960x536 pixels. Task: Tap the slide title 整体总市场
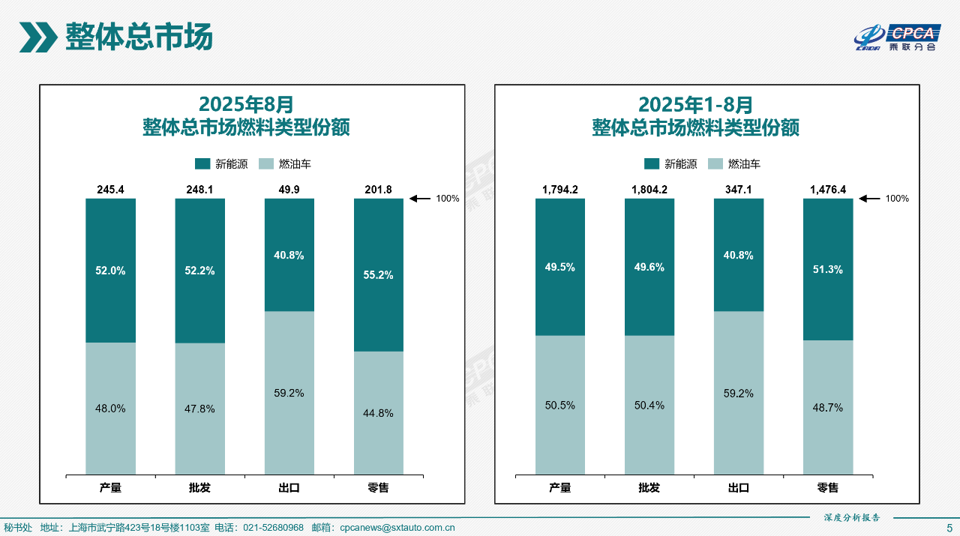pyautogui.click(x=139, y=37)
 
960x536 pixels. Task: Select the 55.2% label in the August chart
pyautogui.click(x=378, y=275)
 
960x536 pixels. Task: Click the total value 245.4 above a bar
pyautogui.click(x=110, y=190)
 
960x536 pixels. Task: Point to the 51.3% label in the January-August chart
pyautogui.click(x=827, y=270)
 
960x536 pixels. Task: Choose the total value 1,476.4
pyautogui.click(x=827, y=190)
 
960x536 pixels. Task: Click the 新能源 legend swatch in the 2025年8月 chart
pyautogui.click(x=202, y=164)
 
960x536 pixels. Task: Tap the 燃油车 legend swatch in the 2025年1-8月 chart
pyautogui.click(x=715, y=164)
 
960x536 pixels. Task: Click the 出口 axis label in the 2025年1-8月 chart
pyautogui.click(x=739, y=488)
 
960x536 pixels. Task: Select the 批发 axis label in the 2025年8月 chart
pyautogui.click(x=199, y=488)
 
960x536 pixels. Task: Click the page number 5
pyautogui.click(x=949, y=528)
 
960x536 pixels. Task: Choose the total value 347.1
pyautogui.click(x=739, y=190)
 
